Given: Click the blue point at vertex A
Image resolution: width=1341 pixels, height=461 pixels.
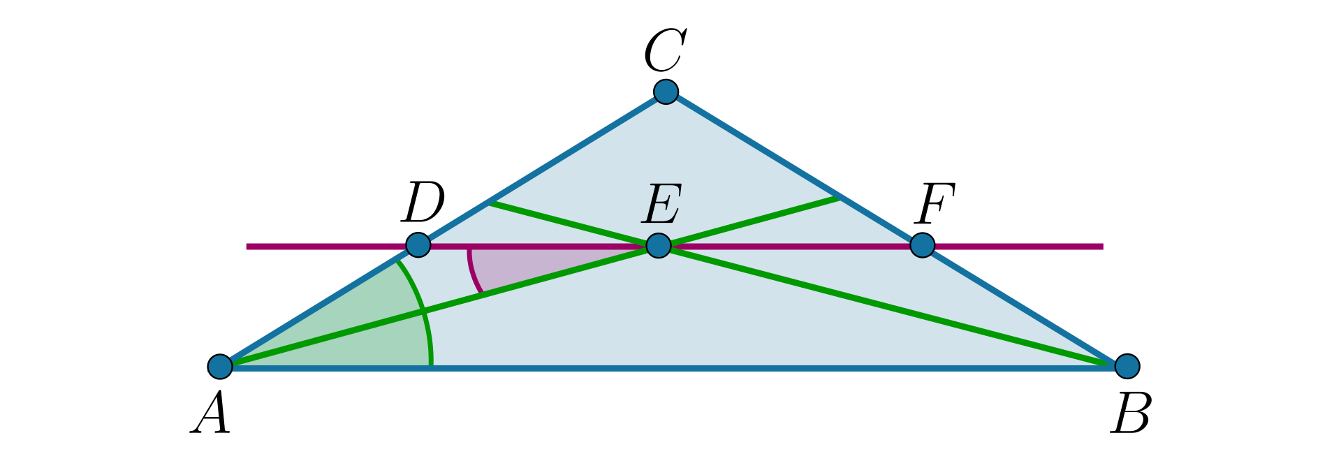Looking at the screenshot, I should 220,365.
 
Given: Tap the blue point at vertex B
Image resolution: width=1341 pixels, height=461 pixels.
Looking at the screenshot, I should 1127,365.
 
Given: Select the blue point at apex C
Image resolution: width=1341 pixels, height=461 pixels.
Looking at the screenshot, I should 666,91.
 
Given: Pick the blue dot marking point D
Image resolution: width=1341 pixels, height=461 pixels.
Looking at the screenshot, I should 418,245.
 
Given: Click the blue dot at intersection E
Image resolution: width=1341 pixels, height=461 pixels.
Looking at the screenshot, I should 659,245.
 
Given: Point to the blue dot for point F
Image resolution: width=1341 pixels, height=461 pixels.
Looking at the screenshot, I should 923,245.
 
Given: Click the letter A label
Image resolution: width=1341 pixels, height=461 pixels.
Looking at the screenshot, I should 211,413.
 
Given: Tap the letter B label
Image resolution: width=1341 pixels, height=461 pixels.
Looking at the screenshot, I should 1131,414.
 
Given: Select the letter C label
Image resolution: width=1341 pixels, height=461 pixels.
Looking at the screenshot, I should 665,50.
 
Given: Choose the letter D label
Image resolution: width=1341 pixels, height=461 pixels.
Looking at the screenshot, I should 423,203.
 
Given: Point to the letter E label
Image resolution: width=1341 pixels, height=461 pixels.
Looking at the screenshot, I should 662,204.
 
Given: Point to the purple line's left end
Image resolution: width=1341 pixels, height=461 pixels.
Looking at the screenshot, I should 248,246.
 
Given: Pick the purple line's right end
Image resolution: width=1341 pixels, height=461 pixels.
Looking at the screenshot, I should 1102,246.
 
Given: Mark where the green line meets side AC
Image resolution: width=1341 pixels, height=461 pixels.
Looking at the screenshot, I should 490,203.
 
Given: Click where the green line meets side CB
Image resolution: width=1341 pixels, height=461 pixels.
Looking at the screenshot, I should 838,198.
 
